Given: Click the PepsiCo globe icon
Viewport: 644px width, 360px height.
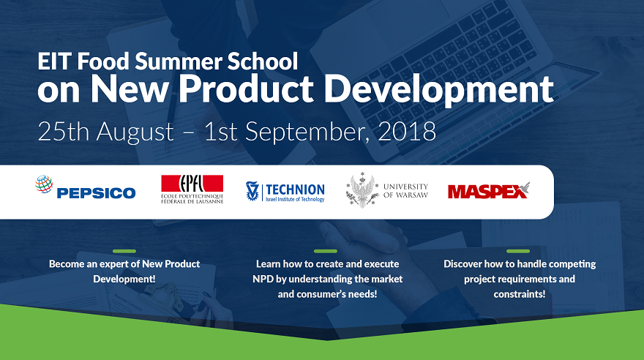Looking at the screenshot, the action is coord(44,184).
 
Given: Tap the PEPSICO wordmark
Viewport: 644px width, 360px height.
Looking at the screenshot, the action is coord(96,193).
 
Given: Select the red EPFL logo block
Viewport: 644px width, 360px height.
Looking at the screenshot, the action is coord(192,184).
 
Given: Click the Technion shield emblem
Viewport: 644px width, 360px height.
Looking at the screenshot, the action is coord(252,191).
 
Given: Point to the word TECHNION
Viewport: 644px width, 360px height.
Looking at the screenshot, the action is coord(296,190).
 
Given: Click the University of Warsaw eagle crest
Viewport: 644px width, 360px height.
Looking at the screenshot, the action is coord(363,190).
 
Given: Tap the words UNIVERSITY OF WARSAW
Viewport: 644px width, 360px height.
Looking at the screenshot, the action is coord(405,190).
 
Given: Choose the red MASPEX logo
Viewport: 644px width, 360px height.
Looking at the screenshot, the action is coord(489,190).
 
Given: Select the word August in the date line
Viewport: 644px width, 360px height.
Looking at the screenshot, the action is coord(135,132).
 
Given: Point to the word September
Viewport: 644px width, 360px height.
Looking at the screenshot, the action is coord(304,132).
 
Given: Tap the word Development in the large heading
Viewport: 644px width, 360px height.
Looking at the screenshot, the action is coord(438,89).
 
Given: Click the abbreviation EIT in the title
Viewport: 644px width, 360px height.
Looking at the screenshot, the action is coord(55,61).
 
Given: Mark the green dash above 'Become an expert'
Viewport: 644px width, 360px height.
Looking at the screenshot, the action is coord(124,251).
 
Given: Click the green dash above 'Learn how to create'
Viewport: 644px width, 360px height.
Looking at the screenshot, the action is coord(325,251).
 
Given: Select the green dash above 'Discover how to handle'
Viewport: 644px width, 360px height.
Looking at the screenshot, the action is coord(518,251).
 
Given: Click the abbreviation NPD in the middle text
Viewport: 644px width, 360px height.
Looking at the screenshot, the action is coord(263,279).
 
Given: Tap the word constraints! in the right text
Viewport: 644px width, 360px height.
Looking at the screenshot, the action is coord(520,294).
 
